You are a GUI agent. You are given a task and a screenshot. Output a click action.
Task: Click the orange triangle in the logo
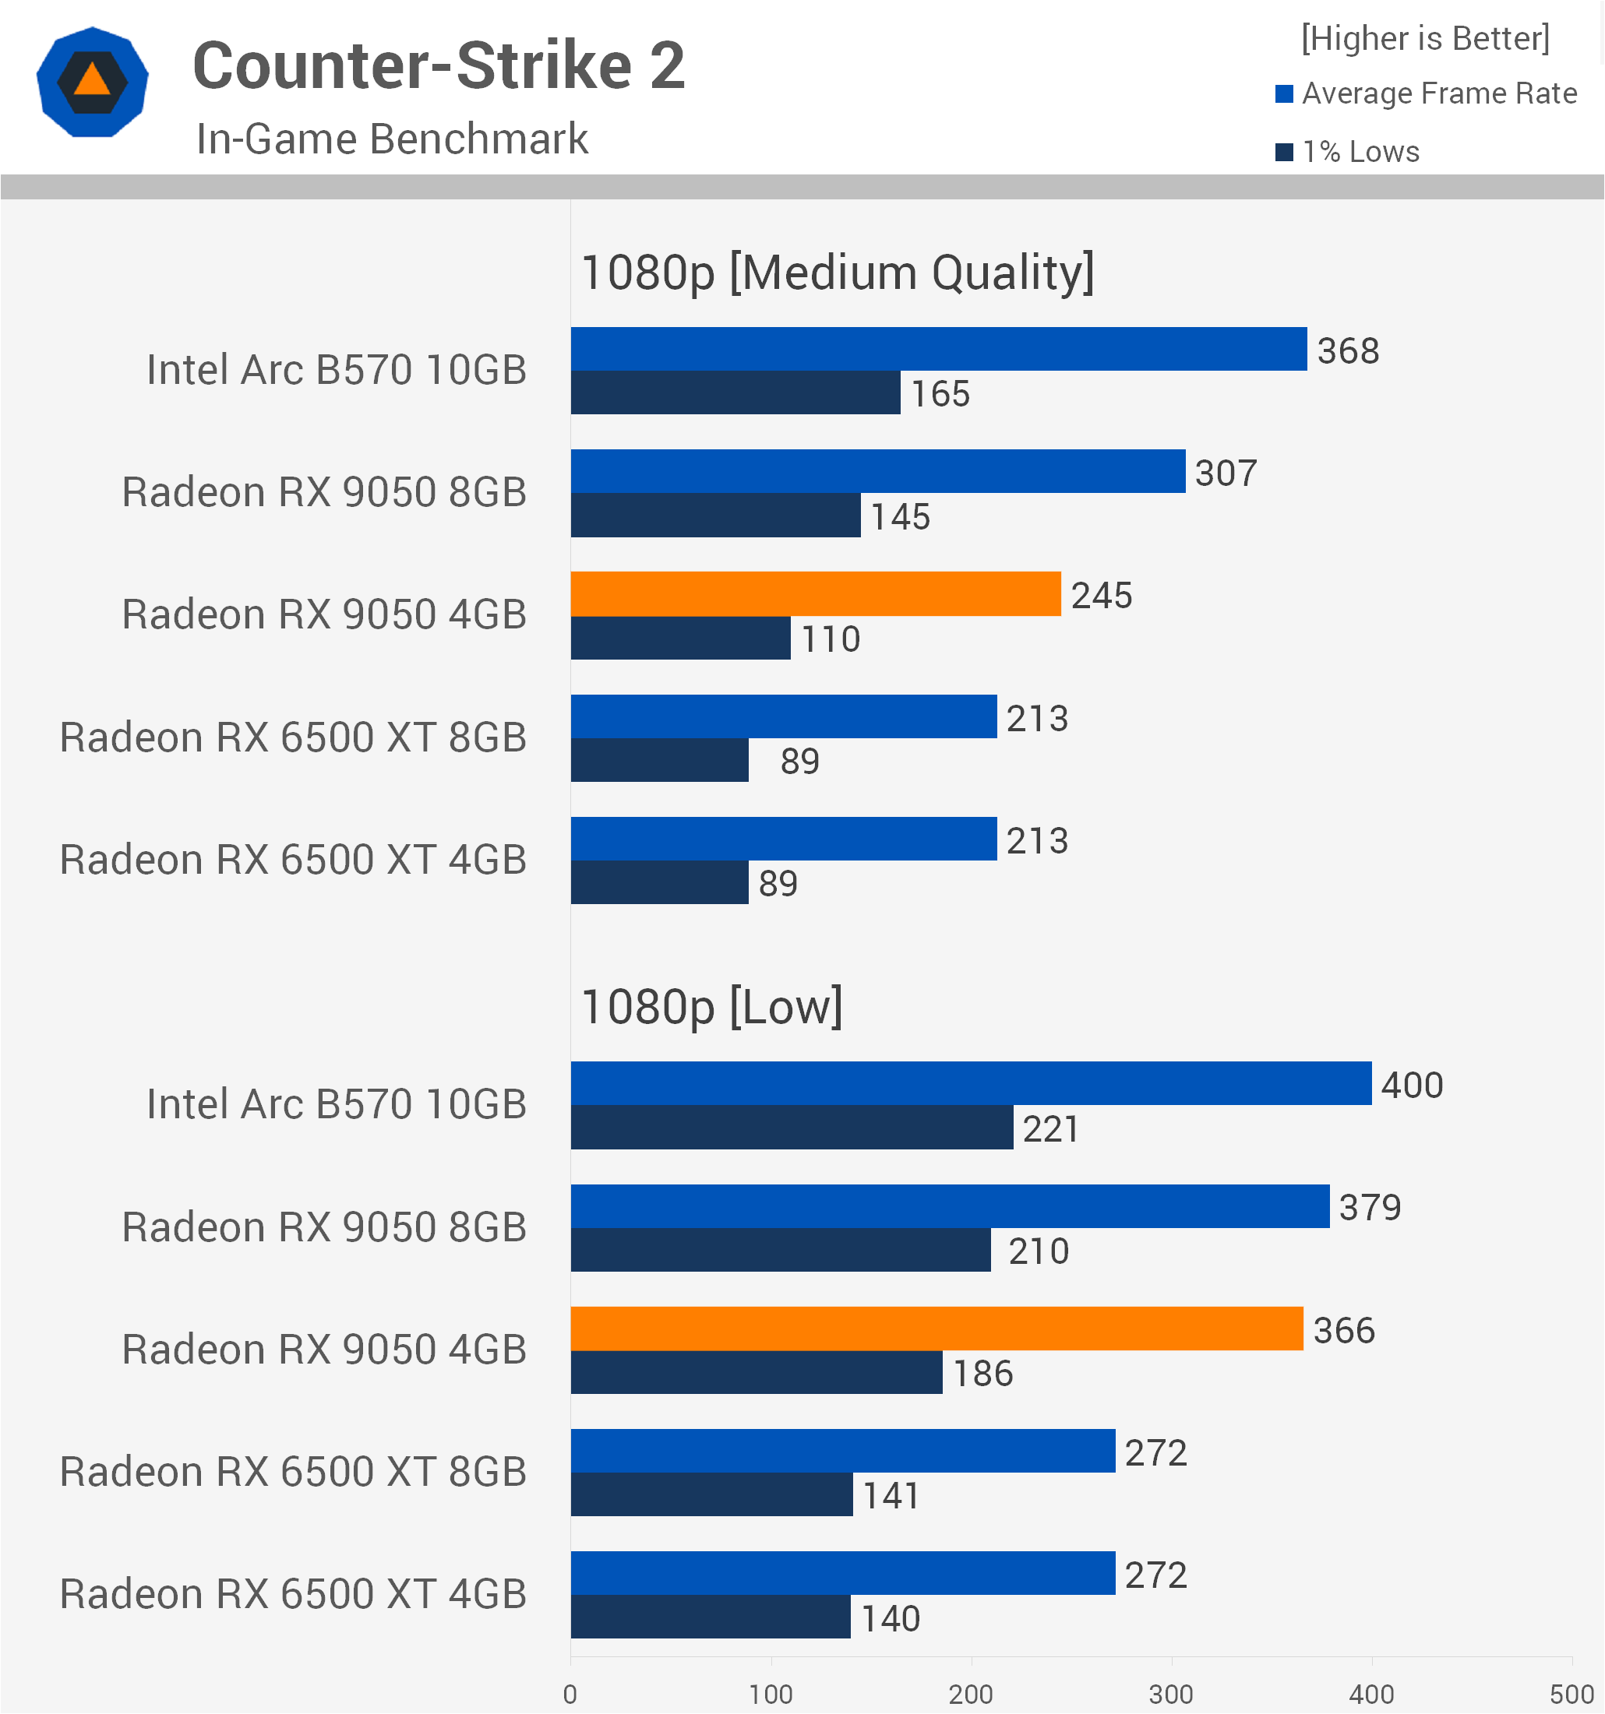tap(92, 80)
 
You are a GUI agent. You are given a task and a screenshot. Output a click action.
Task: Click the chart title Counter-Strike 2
tap(439, 65)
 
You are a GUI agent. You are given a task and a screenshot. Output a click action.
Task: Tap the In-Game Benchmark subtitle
tap(393, 139)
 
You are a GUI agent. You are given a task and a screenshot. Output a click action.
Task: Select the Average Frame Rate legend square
tap(1284, 93)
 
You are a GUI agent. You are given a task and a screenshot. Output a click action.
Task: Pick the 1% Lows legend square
tap(1284, 152)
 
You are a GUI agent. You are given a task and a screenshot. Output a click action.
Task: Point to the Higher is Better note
tap(1426, 39)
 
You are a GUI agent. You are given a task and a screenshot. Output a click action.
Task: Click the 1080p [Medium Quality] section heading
tap(838, 273)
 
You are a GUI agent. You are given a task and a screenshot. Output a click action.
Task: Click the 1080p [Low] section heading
tap(712, 1007)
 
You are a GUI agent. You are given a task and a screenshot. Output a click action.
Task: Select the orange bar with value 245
tap(816, 594)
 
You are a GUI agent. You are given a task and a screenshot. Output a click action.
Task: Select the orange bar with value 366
tap(937, 1329)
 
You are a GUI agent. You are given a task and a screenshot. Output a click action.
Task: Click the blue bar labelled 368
tap(939, 349)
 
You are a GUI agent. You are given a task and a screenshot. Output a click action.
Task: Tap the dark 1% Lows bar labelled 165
tap(735, 392)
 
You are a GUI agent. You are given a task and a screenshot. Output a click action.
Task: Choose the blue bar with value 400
tap(971, 1084)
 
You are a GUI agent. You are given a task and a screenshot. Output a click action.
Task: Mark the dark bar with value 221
tap(792, 1128)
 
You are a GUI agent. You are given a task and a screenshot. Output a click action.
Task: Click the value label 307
tap(1226, 473)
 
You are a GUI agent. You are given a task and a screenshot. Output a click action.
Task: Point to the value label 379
tap(1370, 1208)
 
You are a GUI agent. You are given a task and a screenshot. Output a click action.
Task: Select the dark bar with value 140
tap(711, 1617)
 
